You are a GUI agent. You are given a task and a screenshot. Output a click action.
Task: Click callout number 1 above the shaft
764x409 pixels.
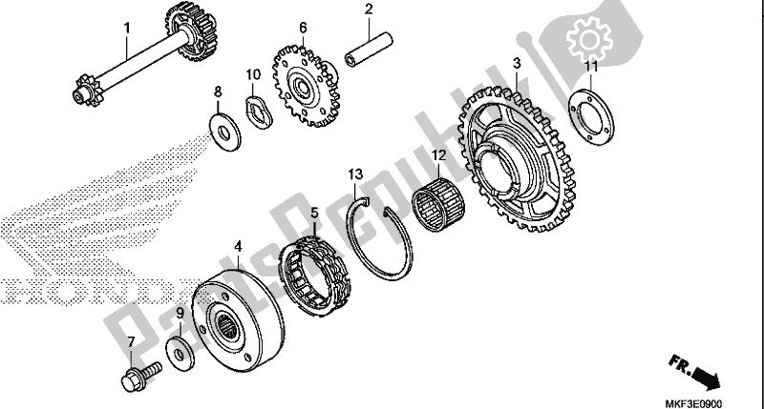[x=127, y=28]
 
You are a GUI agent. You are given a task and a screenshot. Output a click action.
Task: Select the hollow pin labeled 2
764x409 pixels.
[x=369, y=49]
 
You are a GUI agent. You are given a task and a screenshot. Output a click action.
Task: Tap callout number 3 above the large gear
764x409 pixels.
[x=517, y=63]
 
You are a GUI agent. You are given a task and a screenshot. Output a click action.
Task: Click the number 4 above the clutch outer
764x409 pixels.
[x=238, y=247]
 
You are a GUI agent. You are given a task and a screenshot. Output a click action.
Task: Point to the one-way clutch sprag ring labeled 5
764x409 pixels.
[x=315, y=276]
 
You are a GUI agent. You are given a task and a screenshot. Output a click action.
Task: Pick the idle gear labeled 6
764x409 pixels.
[x=305, y=87]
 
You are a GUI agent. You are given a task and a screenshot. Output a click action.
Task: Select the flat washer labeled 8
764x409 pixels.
[x=224, y=132]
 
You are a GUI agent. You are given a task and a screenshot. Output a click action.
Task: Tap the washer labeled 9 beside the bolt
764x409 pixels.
[x=180, y=354]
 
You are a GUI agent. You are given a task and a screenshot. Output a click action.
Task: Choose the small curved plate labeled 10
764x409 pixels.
[x=258, y=112]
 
